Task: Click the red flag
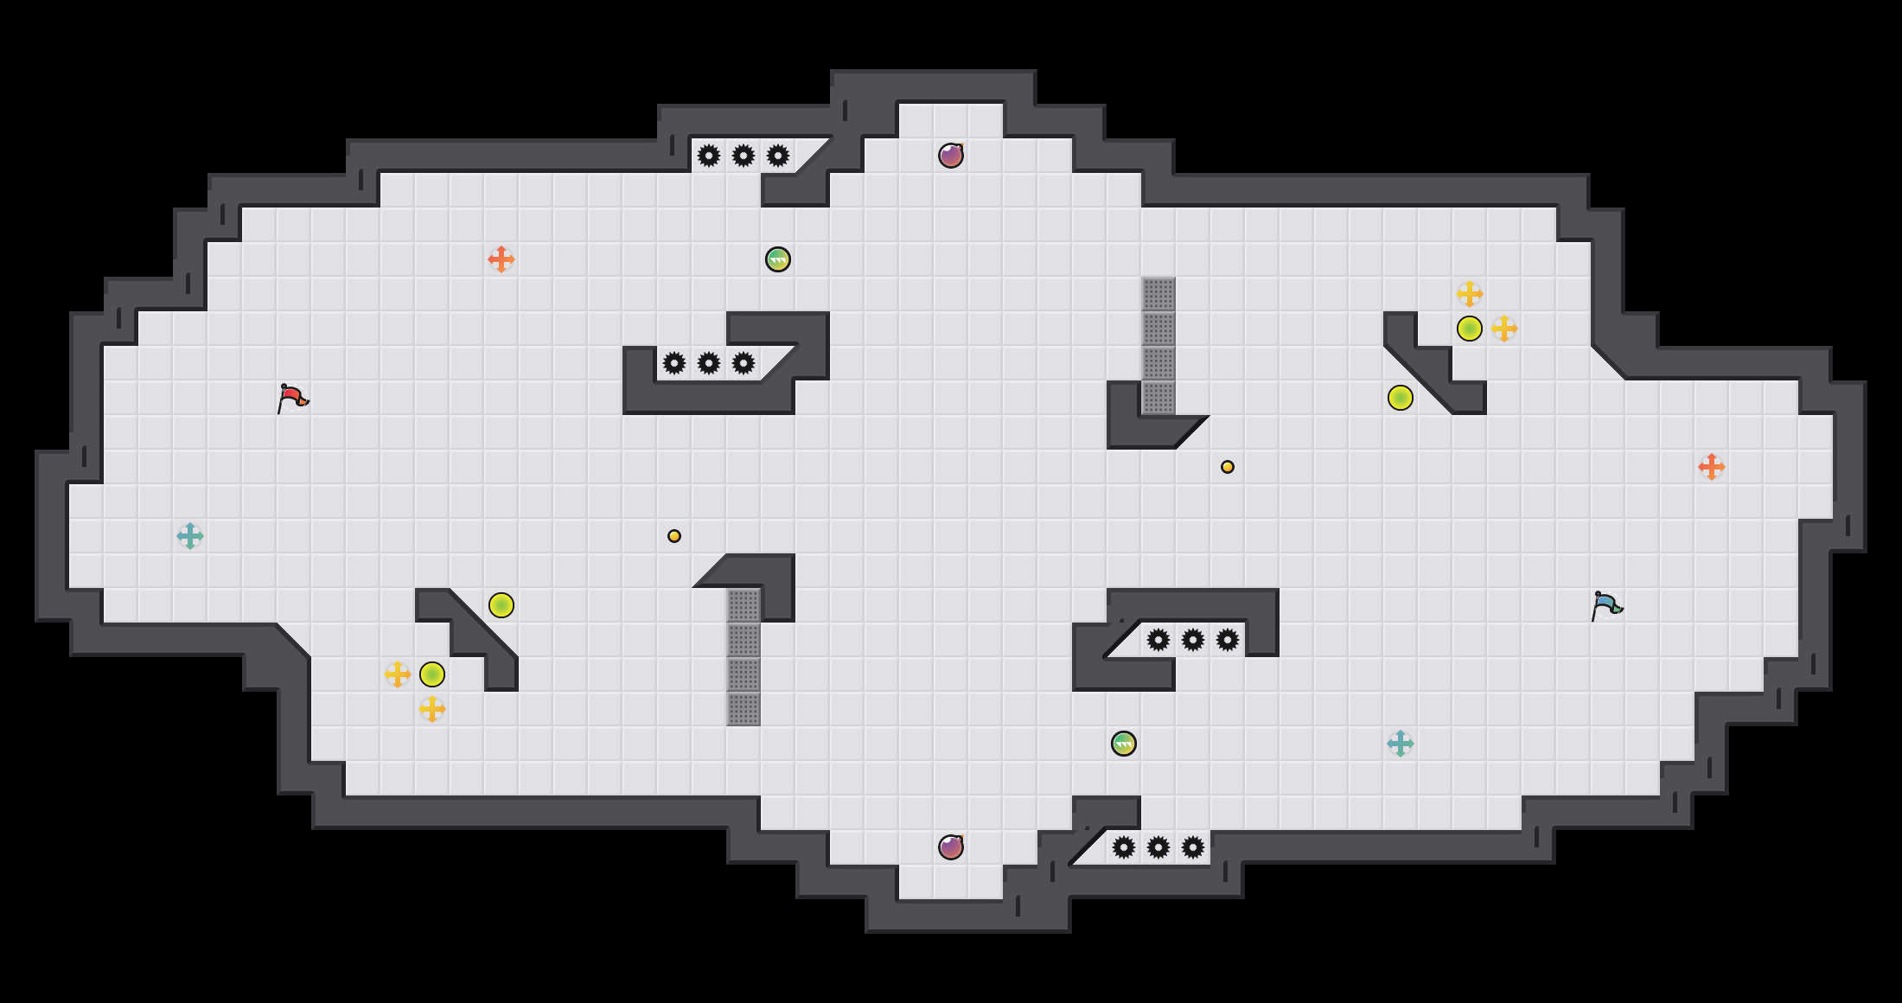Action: pyautogui.click(x=292, y=398)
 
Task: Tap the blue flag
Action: pyautogui.click(x=1606, y=605)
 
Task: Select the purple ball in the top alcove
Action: pyautogui.click(x=951, y=156)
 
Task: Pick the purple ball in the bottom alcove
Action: pyautogui.click(x=951, y=847)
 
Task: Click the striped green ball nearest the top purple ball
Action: pyautogui.click(x=778, y=259)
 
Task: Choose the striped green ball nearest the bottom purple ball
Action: pyautogui.click(x=1124, y=744)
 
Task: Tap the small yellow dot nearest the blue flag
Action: pyautogui.click(x=1228, y=467)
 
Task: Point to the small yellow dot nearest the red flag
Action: pyautogui.click(x=674, y=536)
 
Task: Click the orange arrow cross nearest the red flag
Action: pyautogui.click(x=501, y=259)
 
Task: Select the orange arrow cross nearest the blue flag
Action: pyautogui.click(x=1712, y=467)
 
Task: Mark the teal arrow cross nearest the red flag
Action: pyautogui.click(x=190, y=536)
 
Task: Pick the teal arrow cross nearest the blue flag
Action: pyautogui.click(x=1401, y=744)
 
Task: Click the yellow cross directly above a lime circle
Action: pyautogui.click(x=1470, y=294)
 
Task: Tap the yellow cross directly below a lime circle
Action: pyautogui.click(x=432, y=709)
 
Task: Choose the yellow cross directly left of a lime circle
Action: pyautogui.click(x=398, y=674)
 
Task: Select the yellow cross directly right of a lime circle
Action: pyautogui.click(x=1504, y=329)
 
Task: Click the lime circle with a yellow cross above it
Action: pyautogui.click(x=1470, y=329)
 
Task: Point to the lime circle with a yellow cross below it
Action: pyautogui.click(x=432, y=674)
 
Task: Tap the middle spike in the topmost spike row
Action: pyautogui.click(x=744, y=156)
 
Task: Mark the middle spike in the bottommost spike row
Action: pyautogui.click(x=1158, y=847)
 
